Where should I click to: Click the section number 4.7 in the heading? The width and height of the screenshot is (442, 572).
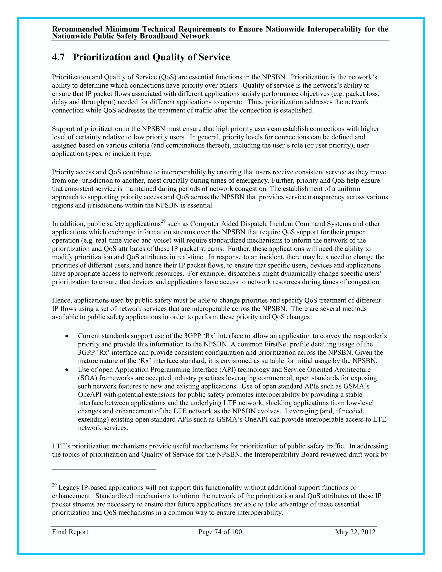point(58,57)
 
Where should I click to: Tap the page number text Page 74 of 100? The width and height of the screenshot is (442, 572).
point(220,532)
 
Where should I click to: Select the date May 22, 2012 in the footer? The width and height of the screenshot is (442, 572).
point(355,532)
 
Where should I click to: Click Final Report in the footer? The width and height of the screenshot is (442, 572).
point(70,532)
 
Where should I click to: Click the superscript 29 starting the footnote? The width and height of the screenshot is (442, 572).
point(54,485)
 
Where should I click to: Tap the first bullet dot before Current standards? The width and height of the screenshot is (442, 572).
point(67,336)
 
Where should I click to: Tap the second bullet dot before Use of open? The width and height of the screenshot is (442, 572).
point(67,370)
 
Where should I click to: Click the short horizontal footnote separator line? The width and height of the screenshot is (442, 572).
point(104,470)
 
